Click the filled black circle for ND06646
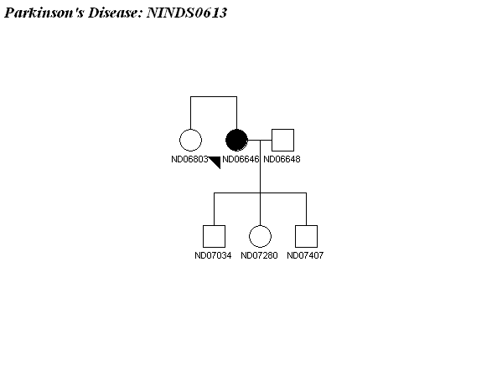pyautogui.click(x=236, y=140)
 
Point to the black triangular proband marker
pyautogui.click(x=216, y=161)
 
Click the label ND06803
pyautogui.click(x=189, y=159)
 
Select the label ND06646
pyautogui.click(x=241, y=159)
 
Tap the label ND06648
pyautogui.click(x=282, y=159)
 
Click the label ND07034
pyautogui.click(x=213, y=255)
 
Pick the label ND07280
pyautogui.click(x=259, y=255)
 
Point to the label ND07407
pyautogui.click(x=305, y=255)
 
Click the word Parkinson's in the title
pyautogui.click(x=44, y=13)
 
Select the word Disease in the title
pyautogui.click(x=116, y=13)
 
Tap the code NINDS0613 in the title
pyautogui.click(x=187, y=13)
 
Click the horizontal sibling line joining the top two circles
pyautogui.click(x=214, y=96)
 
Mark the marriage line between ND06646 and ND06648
pyautogui.click(x=260, y=140)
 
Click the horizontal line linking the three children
pyautogui.click(x=260, y=192)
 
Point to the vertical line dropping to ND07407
pyautogui.click(x=306, y=209)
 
